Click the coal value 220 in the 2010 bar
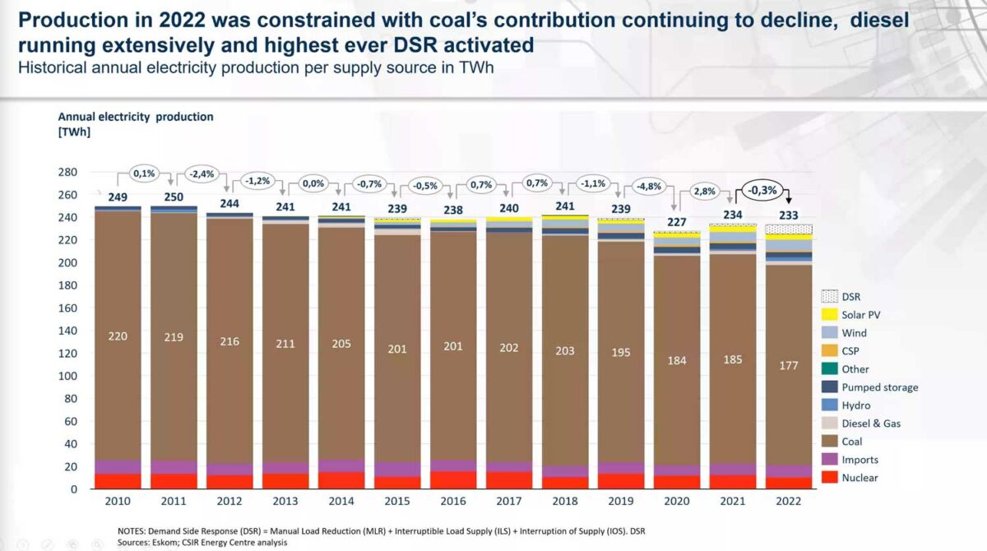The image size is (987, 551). [x=118, y=336]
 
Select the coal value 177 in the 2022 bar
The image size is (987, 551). [x=789, y=365]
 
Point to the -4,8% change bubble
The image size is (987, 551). [x=647, y=186]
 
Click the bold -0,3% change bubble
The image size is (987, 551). [x=762, y=190]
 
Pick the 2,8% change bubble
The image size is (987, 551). [x=704, y=191]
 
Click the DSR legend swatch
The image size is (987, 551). [x=828, y=297]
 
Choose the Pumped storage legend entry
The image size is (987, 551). [x=879, y=387]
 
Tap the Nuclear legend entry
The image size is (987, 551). [x=860, y=478]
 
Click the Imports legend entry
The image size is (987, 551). [x=860, y=460]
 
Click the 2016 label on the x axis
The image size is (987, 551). [x=453, y=501]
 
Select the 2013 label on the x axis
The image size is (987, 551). [x=285, y=501]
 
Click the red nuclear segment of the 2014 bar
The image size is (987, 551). [x=341, y=479]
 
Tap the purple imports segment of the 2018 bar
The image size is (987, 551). [x=565, y=471]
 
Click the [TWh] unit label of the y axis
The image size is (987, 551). [x=74, y=132]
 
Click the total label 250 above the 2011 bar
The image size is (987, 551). [x=174, y=197]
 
